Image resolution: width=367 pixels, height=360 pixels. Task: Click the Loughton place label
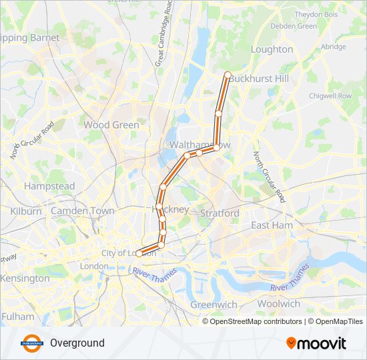pyautogui.click(x=272, y=49)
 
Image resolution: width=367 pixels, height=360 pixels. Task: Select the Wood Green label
pyautogui.click(x=111, y=125)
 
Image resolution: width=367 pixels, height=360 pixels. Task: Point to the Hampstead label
pyautogui.click(x=49, y=186)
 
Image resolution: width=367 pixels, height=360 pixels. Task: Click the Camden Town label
pyautogui.click(x=83, y=211)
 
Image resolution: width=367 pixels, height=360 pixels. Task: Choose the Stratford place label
pyautogui.click(x=220, y=213)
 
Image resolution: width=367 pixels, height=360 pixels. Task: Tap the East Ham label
pyautogui.click(x=272, y=225)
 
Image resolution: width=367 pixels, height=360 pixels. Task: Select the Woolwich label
pyautogui.click(x=278, y=303)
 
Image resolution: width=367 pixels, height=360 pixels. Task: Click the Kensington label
pyautogui.click(x=25, y=278)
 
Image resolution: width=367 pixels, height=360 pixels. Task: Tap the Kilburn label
pyautogui.click(x=26, y=211)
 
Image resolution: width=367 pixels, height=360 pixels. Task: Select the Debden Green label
pyautogui.click(x=294, y=26)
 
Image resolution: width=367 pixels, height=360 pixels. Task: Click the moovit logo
pyautogui.click(x=316, y=343)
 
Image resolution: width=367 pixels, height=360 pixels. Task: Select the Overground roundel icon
pyautogui.click(x=31, y=343)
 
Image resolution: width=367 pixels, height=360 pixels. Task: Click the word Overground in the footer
pyautogui.click(x=77, y=343)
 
